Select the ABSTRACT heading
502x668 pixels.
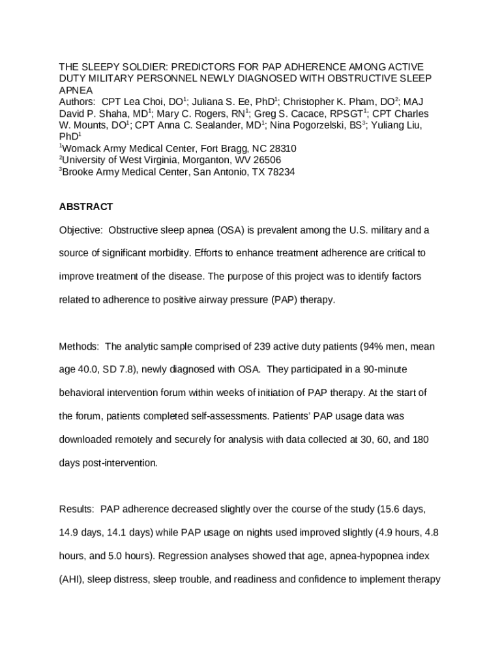[86, 207]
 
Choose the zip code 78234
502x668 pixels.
[279, 172]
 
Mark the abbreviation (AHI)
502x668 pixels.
[72, 579]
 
